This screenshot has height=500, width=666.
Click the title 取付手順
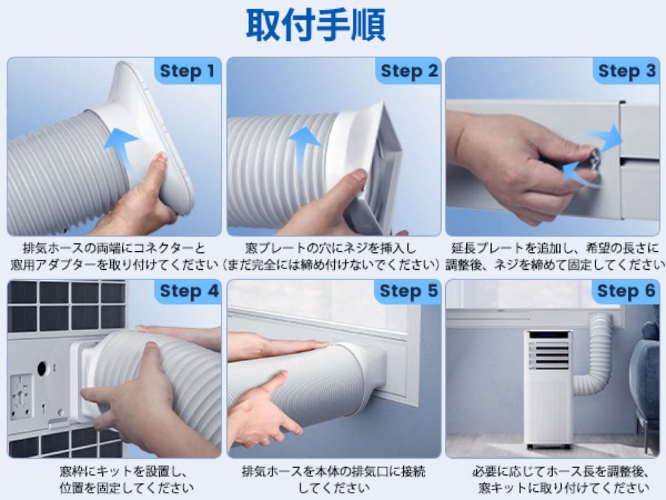(316, 25)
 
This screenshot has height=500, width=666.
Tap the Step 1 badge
(187, 71)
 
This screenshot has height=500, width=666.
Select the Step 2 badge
(409, 71)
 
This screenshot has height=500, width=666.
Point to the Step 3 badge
(627, 71)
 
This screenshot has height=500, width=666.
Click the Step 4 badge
(188, 291)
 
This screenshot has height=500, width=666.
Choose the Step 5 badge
(408, 291)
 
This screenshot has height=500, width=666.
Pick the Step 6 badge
(626, 291)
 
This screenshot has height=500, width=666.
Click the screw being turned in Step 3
(594, 156)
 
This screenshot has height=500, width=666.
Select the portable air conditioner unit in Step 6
(548, 389)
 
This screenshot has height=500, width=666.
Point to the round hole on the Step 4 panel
(42, 368)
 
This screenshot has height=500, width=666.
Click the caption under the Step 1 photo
(114, 256)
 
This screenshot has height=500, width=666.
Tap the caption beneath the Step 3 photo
(555, 256)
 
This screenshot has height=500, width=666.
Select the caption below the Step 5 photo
(334, 479)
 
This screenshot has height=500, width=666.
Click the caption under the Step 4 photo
(126, 479)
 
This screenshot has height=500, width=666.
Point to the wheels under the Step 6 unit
(548, 447)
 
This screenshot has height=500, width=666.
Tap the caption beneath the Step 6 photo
(560, 479)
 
